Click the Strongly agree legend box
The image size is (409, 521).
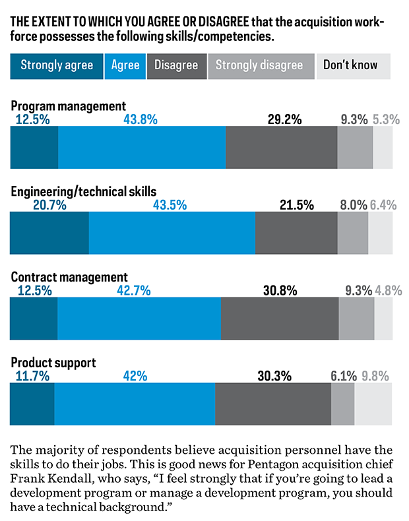(57, 65)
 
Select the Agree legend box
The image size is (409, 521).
(125, 65)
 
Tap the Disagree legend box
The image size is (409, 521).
(176, 65)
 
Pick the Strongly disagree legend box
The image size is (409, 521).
(259, 65)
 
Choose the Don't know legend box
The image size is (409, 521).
(350, 65)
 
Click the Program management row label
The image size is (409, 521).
(68, 106)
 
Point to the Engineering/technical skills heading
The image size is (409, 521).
(84, 191)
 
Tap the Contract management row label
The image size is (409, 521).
(69, 277)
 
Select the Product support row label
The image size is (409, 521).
(53, 363)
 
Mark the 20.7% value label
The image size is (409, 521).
(49, 205)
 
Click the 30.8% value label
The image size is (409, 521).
(280, 291)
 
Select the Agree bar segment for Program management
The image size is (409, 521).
(142, 148)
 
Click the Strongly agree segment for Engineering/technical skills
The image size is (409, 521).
(49, 234)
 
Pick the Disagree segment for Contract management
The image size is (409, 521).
(280, 320)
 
